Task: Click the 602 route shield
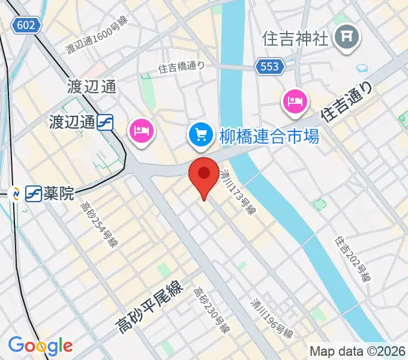coord(26,25)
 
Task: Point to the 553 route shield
coord(269,67)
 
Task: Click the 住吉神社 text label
coord(296,39)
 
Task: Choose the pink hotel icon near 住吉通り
coord(295,101)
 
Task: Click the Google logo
coord(40,346)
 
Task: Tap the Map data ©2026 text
coord(356,351)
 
